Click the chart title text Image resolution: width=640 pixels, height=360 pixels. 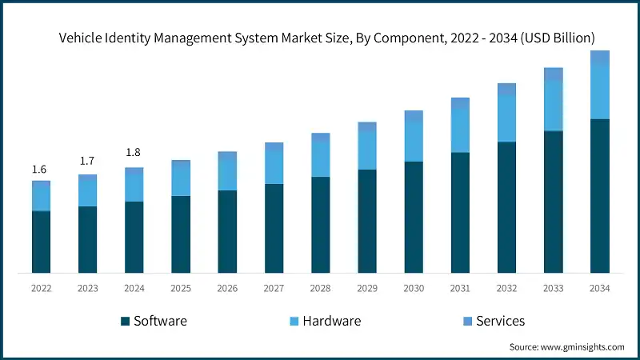click(326, 38)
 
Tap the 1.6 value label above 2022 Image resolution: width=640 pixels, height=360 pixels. click(39, 170)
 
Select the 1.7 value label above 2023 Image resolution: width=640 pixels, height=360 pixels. click(87, 162)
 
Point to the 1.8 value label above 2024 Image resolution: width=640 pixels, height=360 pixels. click(134, 153)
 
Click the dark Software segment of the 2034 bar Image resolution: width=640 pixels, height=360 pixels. click(600, 196)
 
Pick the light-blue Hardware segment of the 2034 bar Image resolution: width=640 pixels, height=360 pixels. click(600, 92)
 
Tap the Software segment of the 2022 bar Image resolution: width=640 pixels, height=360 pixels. click(41, 242)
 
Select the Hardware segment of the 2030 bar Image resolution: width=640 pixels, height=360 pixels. click(414, 142)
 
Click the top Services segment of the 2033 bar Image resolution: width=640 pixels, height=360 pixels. click(554, 74)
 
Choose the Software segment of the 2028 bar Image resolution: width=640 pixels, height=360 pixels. click(320, 225)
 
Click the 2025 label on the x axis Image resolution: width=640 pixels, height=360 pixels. click(181, 288)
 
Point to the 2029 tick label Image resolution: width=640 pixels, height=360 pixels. click(367, 288)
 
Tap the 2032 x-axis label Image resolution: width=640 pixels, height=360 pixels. click(506, 288)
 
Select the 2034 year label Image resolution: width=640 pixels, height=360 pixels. click(600, 288)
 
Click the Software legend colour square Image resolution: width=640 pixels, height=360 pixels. click(126, 322)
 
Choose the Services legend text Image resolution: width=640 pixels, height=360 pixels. click(500, 321)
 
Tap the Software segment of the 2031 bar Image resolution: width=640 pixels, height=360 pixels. click(460, 213)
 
